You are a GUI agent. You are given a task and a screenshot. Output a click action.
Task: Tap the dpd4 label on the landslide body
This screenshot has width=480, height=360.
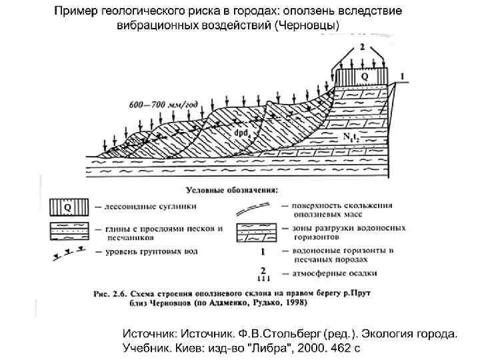pyautogui.click(x=242, y=133)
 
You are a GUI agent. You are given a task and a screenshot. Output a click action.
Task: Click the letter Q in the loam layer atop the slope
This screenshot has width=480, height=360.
pyautogui.click(x=364, y=77)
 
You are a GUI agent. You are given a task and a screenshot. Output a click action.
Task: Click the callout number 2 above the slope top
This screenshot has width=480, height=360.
pyautogui.click(x=362, y=47)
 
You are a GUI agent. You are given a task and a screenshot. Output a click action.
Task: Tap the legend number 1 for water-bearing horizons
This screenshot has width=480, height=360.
pyautogui.click(x=263, y=252)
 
